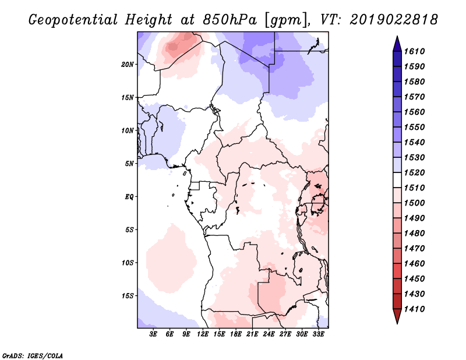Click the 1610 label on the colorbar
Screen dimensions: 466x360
[x=414, y=51]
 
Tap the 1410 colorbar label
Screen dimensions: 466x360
[x=414, y=309]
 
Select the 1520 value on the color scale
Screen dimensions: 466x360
[x=414, y=172]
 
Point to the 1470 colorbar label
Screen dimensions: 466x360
[x=414, y=249]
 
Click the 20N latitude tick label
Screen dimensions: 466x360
[x=128, y=65]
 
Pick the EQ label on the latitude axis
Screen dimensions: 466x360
[x=129, y=197]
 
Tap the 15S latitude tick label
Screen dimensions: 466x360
[x=128, y=296]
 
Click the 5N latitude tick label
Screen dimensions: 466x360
[x=129, y=164]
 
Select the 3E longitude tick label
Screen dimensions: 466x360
[x=153, y=334]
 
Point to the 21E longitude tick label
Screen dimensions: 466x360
[x=252, y=334]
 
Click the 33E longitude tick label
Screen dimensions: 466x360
[x=318, y=334]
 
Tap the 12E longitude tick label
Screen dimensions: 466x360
[x=203, y=334]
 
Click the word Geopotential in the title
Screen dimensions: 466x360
[x=73, y=20]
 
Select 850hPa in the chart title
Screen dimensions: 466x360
[x=230, y=20]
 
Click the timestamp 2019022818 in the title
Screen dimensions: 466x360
[x=394, y=20]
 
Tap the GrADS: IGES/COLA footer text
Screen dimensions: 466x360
[x=33, y=355]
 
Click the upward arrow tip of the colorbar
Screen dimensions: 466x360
[x=397, y=37]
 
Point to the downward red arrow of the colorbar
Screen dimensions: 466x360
[x=397, y=316]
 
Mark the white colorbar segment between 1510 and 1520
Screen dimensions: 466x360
[x=397, y=180]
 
